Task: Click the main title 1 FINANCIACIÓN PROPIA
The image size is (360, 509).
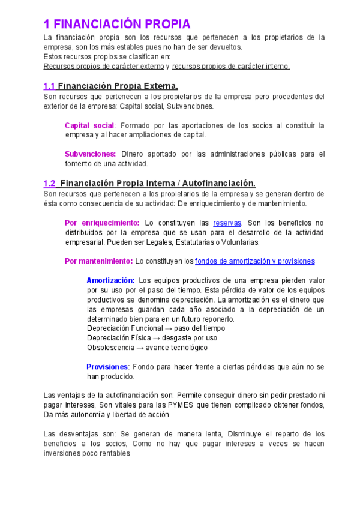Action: (117, 24)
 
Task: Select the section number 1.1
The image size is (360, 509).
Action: (50, 86)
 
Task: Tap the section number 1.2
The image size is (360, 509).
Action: (50, 183)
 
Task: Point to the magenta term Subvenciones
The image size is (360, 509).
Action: (89, 154)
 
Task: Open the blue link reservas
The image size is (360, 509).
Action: (227, 223)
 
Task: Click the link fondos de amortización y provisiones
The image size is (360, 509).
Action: (254, 261)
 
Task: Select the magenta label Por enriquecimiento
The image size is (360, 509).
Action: (101, 223)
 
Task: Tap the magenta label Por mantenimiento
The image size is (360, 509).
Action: (98, 261)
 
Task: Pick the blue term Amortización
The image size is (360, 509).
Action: (110, 280)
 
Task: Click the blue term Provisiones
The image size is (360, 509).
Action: (107, 367)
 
